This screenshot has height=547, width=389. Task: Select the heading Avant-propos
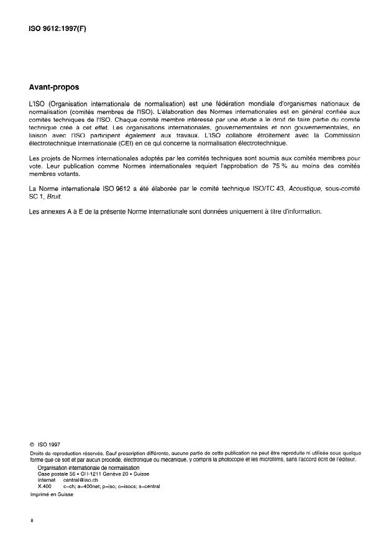[55, 88]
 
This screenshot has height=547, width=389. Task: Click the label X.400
[45, 486]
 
